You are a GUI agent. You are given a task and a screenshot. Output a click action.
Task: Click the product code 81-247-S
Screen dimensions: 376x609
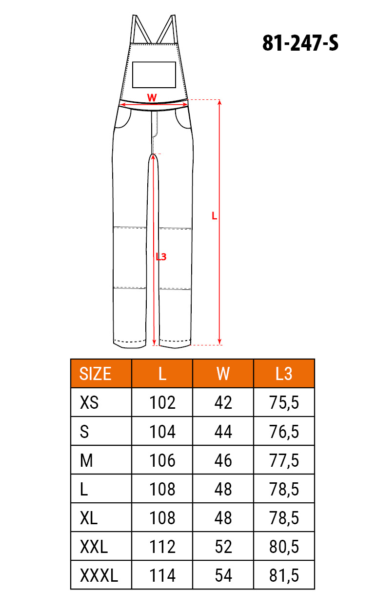click(x=300, y=43)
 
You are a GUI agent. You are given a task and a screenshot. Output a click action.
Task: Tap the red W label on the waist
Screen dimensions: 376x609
click(x=152, y=97)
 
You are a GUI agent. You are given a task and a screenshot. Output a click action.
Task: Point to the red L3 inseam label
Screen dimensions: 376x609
click(x=161, y=257)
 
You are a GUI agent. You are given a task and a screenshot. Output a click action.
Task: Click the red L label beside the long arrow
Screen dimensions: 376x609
click(x=215, y=216)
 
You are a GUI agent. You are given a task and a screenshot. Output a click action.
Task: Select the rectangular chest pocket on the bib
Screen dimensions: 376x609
click(x=154, y=75)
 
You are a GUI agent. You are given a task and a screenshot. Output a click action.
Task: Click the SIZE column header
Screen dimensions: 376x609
click(x=95, y=374)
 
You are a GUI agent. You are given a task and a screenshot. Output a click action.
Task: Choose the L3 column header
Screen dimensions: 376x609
click(x=284, y=374)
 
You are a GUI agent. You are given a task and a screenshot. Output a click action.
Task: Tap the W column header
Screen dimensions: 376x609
click(x=223, y=374)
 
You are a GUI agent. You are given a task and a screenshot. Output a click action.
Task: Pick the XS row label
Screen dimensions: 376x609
click(x=89, y=402)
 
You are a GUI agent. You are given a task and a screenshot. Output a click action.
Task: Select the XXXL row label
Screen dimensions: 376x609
click(x=99, y=575)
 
